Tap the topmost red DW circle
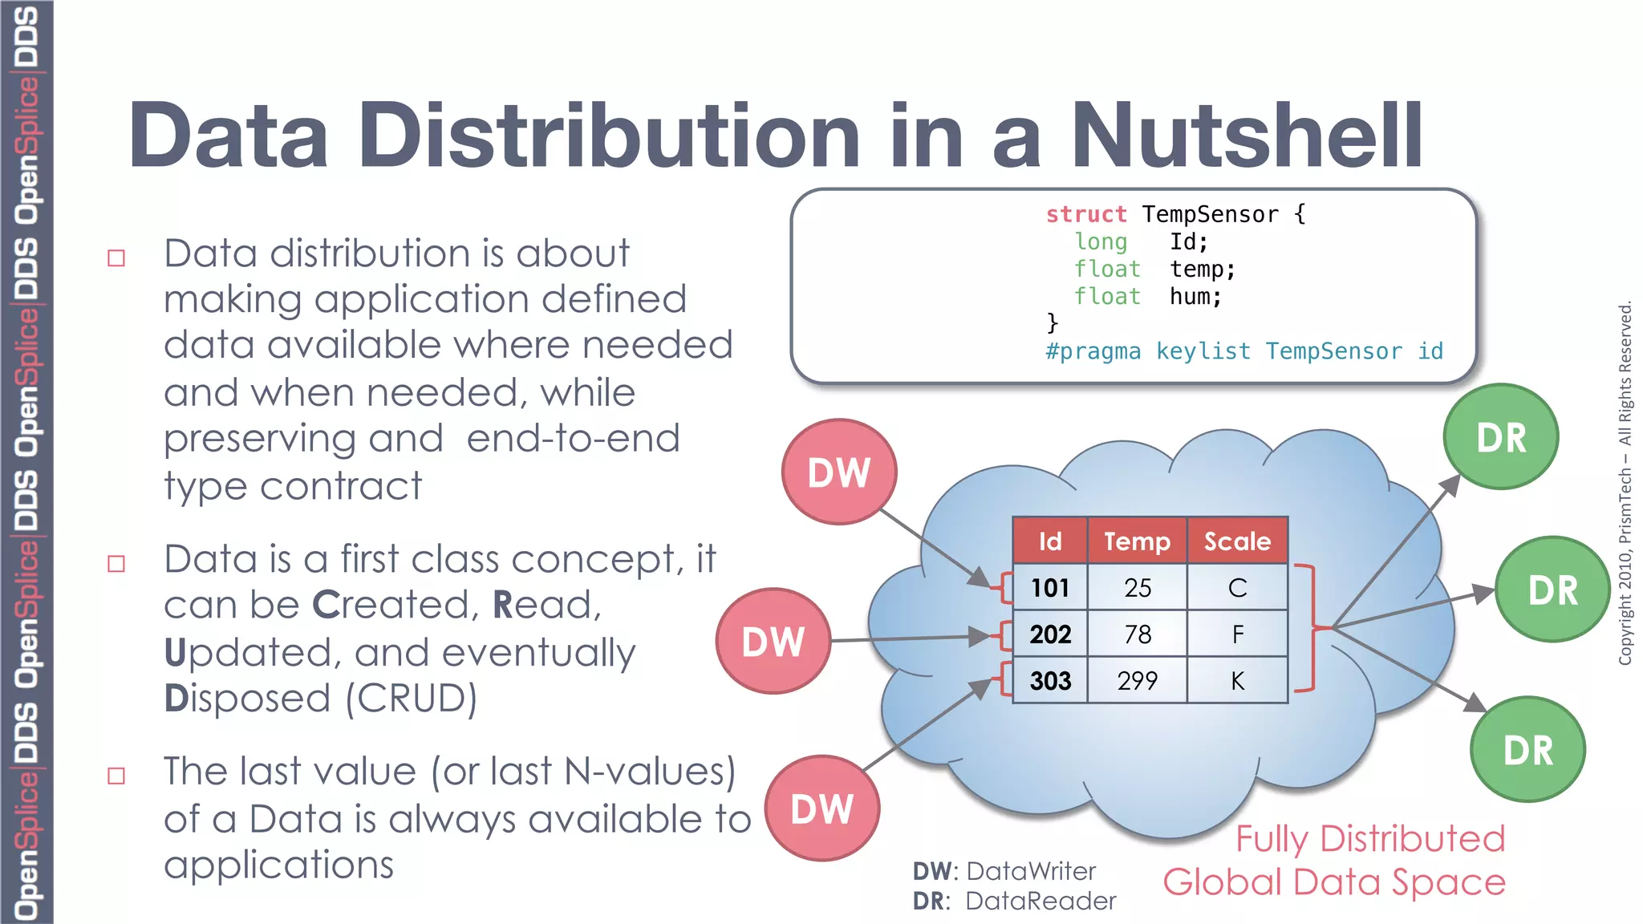[x=839, y=472]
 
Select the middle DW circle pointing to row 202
[x=773, y=642]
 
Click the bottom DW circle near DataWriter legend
[x=821, y=808]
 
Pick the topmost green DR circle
[x=1500, y=438]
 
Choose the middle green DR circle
[x=1552, y=590]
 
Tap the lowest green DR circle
[x=1527, y=750]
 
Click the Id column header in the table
[x=1050, y=541]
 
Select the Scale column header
[x=1237, y=541]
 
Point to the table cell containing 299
[x=1137, y=681]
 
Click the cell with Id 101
[x=1050, y=588]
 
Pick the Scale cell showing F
[x=1237, y=634]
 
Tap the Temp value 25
[x=1137, y=588]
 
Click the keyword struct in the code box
[x=1086, y=215]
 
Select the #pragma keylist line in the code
[x=1243, y=351]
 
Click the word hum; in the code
[x=1195, y=297]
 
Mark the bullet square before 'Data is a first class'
[x=116, y=564]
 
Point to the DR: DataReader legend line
[x=1014, y=902]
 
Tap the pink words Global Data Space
[x=1334, y=882]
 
